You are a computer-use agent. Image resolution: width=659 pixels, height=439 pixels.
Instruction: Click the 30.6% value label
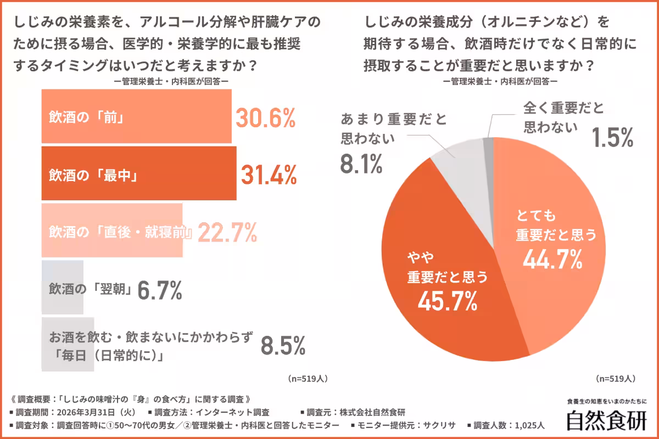[266, 117]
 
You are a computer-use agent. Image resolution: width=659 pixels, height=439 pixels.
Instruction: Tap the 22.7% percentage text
[227, 233]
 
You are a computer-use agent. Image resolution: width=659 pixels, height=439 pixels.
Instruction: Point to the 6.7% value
[160, 290]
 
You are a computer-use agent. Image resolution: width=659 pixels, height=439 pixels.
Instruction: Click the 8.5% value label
[283, 346]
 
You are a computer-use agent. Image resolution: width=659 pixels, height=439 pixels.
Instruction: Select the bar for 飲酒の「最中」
[139, 173]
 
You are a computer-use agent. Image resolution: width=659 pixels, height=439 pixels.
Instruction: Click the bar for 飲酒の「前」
[136, 116]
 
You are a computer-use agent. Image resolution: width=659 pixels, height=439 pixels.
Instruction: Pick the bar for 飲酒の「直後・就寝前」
[112, 231]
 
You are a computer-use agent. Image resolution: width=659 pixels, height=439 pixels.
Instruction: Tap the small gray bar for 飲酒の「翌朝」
[63, 288]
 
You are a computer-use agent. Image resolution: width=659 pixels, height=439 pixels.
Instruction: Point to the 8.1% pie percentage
[361, 164]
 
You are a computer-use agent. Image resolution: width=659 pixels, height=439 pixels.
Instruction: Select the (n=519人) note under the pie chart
[616, 379]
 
